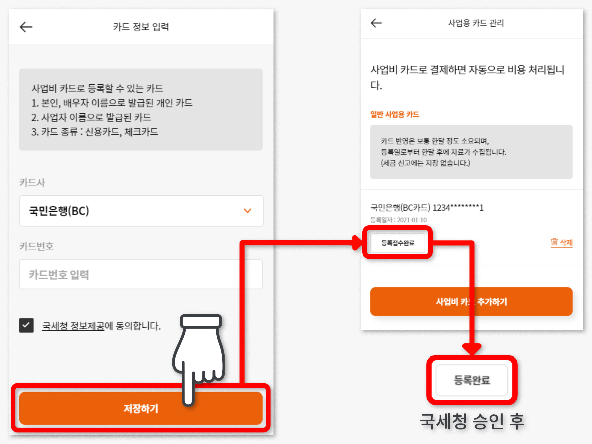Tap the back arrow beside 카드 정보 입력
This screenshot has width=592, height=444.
26,27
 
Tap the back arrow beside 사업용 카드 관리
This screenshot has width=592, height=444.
376,23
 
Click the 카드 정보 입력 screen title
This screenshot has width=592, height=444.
141,27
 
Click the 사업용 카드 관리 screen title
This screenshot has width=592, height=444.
476,23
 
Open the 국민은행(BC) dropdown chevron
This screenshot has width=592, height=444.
247,211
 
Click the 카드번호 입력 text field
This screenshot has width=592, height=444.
141,274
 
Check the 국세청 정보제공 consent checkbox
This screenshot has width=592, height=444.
26,325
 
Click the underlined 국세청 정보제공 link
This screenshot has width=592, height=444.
73,326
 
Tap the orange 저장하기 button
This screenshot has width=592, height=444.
141,408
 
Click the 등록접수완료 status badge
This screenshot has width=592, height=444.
398,243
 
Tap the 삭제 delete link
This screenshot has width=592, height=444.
566,242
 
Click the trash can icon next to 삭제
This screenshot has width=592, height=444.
554,242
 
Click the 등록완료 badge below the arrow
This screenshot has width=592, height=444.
472,380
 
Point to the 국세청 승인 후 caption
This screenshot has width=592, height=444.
472,421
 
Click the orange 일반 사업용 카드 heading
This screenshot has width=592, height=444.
395,114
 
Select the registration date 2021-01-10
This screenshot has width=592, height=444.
412,220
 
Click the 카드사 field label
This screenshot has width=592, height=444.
32,182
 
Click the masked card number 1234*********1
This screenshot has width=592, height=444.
458,207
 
